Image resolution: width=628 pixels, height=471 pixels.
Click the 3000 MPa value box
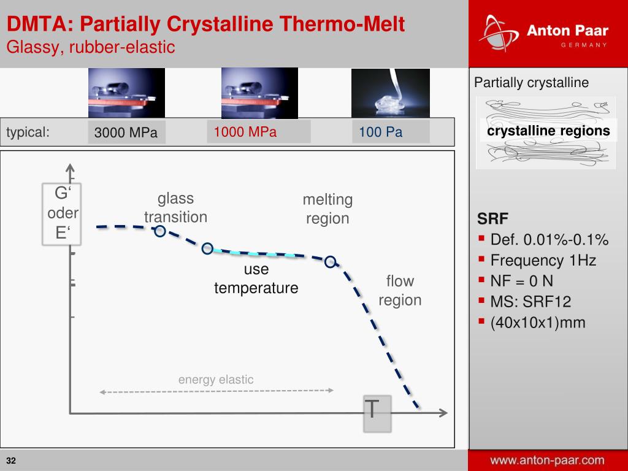[126, 132]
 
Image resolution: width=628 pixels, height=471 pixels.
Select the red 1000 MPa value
[245, 132]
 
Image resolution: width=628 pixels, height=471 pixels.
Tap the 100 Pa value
[380, 132]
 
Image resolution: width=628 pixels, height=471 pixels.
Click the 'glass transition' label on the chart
[175, 207]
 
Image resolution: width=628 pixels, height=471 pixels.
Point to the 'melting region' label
[327, 209]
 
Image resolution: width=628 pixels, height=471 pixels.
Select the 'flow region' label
[400, 290]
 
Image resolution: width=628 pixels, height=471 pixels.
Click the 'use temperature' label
[256, 278]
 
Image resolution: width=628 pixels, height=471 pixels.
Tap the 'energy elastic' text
[216, 379]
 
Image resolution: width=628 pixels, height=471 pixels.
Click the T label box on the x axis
[377, 413]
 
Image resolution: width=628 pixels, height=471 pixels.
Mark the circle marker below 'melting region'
[330, 262]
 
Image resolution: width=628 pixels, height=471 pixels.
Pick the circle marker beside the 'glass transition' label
[160, 231]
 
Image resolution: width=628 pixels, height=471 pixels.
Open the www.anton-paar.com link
[547, 460]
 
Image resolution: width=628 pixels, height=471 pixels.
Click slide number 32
[11, 461]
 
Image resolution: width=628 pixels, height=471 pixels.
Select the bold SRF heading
[492, 219]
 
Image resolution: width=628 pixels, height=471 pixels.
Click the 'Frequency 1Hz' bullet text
[543, 260]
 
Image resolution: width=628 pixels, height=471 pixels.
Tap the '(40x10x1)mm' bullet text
[538, 323]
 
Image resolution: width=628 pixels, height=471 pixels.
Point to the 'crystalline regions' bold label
[548, 131]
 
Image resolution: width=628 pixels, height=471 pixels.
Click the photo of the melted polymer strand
[391, 93]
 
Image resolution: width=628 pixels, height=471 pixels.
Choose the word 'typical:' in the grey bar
[28, 132]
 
